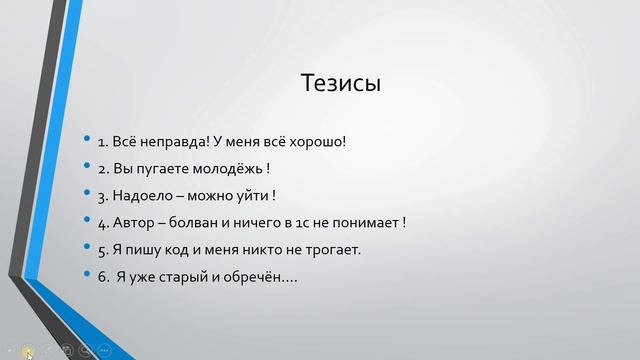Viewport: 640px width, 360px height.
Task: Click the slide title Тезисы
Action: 341,83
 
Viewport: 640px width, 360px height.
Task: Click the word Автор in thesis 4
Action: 132,222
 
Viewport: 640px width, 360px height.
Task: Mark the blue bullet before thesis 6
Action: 88,276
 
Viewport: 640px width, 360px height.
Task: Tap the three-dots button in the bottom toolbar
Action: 104,350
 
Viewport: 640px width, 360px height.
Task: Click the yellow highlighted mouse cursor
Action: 29,351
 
